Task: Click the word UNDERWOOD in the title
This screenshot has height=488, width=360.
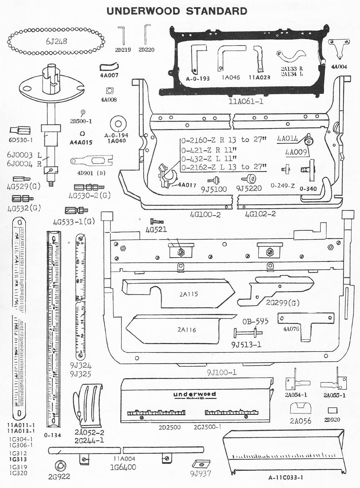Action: tap(144, 11)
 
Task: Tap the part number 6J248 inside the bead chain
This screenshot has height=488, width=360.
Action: tap(57, 41)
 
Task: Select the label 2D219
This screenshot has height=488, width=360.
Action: tap(123, 50)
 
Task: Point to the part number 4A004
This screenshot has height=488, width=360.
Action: tap(339, 67)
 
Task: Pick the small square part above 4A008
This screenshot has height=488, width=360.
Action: tap(109, 90)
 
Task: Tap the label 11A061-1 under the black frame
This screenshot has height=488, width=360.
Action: tap(246, 102)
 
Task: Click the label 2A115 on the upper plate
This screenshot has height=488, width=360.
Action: tap(189, 294)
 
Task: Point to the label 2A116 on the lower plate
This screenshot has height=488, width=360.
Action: tap(186, 330)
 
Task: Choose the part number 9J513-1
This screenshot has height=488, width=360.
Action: tap(246, 345)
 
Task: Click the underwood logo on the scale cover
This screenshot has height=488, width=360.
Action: tap(194, 394)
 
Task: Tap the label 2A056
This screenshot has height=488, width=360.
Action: tap(301, 421)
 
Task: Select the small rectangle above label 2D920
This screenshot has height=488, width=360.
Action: tap(332, 410)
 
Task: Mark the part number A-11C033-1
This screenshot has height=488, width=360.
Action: tap(285, 478)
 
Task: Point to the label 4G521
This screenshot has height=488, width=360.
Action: tap(156, 229)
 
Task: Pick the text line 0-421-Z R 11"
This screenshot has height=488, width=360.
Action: tap(209, 149)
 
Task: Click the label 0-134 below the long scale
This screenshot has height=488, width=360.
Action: tap(53, 435)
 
